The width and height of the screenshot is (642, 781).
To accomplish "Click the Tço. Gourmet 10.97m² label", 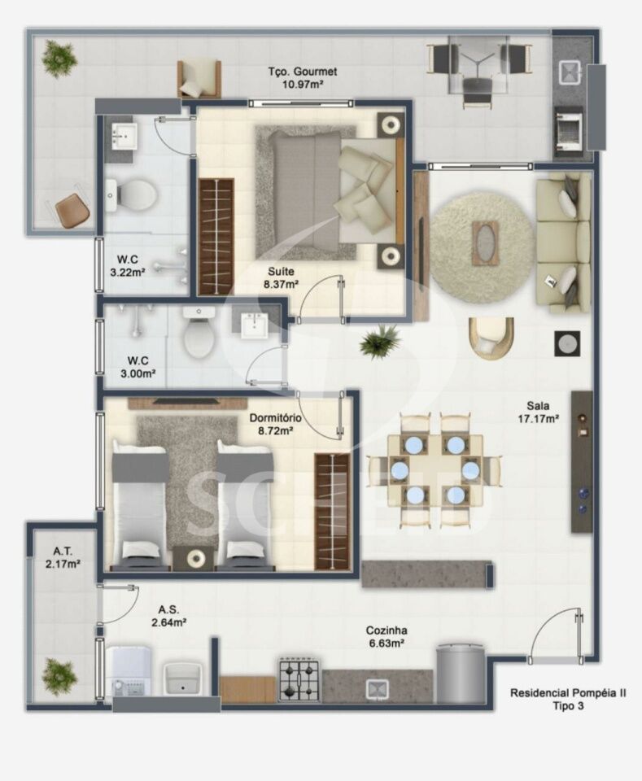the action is pos(303,78).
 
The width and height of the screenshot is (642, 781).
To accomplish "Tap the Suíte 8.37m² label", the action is pos(281,278).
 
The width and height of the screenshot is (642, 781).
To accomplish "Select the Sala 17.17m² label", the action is pos(538,412).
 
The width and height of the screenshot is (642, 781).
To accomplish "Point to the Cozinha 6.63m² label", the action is pos(387,636).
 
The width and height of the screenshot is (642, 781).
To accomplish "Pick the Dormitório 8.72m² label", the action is pos(275,425).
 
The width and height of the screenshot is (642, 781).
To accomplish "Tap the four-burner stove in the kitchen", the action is pos(299,679).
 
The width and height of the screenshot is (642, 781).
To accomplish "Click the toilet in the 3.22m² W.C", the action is pos(131,194).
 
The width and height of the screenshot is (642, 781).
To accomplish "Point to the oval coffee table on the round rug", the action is pos(485,242).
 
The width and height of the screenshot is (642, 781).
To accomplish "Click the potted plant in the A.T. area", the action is pos(59,676).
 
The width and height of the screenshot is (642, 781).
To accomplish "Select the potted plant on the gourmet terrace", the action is pos(59,56).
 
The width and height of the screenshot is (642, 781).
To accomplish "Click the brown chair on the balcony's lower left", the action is pos(72,210).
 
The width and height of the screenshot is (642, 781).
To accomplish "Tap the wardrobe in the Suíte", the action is pos(216,237).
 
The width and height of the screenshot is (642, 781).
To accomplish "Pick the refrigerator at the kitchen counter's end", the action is pos(461,674).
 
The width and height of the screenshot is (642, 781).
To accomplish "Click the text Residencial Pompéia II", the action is pos(568,693).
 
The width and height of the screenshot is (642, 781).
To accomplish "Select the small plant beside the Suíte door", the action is pos(380,341).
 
